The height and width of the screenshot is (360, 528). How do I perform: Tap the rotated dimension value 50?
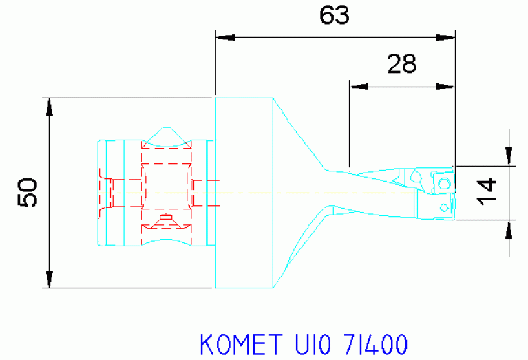click(x=28, y=192)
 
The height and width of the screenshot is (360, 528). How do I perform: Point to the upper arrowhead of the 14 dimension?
click(x=509, y=158)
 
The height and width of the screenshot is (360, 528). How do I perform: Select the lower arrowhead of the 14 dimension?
click(x=509, y=228)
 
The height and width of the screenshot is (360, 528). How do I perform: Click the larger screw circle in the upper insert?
click(x=444, y=182)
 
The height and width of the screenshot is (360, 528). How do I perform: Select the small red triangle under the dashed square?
click(x=165, y=220)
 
